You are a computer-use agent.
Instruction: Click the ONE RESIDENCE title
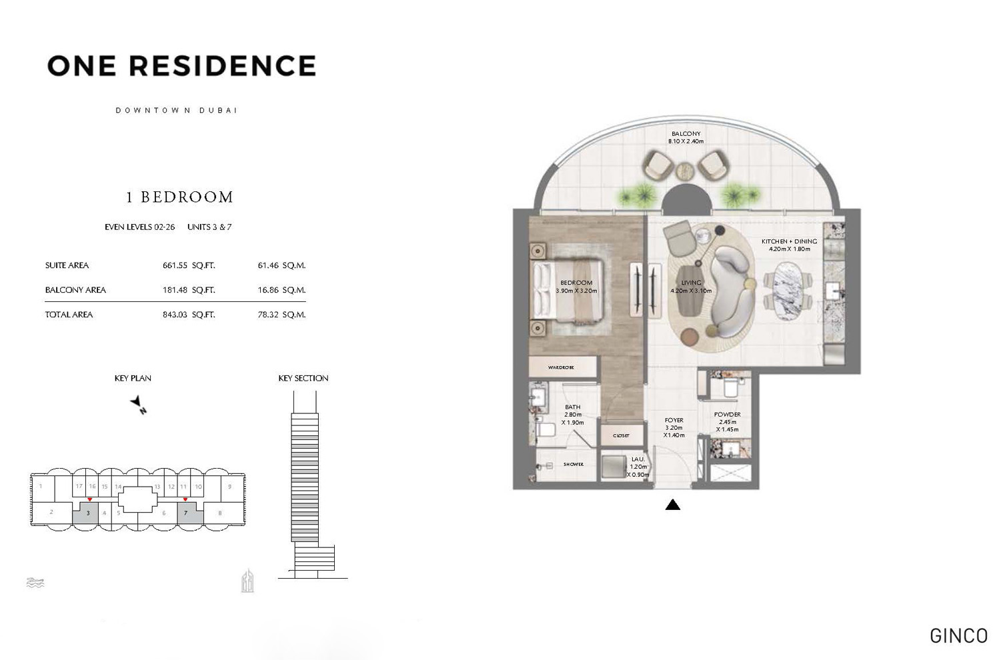coord(181,66)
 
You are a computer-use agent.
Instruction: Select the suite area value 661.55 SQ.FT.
coord(189,265)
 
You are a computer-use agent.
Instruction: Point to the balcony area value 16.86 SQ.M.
coord(281,290)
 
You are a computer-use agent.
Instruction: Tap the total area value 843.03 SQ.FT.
coord(189,315)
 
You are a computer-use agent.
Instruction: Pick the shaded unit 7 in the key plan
coord(186,513)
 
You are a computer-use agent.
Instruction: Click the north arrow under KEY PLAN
coord(139,404)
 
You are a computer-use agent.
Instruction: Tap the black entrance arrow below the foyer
coord(672,505)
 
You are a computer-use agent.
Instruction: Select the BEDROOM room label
coord(576,283)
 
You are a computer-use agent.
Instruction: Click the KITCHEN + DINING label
coord(789,241)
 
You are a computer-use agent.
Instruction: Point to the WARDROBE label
coord(561,367)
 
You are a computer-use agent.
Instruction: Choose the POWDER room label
coord(727,415)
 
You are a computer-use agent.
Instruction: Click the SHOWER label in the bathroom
coord(573,464)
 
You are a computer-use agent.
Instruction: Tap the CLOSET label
coord(621,436)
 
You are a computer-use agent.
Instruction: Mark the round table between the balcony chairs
coord(686,172)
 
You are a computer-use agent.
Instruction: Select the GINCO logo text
coord(958,635)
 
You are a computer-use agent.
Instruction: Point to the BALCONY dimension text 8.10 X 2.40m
coord(686,141)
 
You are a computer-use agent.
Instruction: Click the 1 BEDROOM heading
coord(179,197)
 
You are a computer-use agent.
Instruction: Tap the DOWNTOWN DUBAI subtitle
coord(176,111)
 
